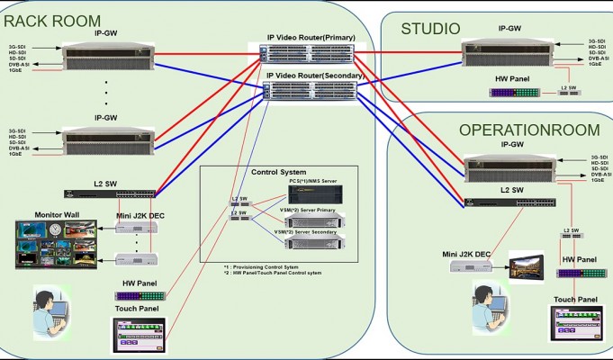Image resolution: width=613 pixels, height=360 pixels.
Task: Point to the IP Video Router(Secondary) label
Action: (x=314, y=76)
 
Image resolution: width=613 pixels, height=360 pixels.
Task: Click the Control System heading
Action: (x=278, y=172)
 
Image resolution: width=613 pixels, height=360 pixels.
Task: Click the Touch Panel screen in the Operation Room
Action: (x=576, y=325)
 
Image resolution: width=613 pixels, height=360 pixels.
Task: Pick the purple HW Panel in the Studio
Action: (x=514, y=93)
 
